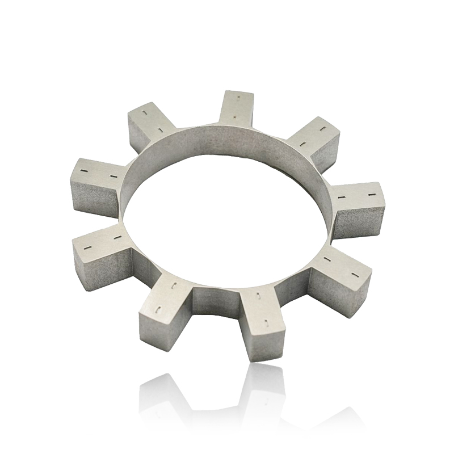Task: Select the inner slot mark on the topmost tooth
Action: click(x=235, y=117)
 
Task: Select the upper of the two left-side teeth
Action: click(x=96, y=182)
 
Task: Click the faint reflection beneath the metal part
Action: click(x=250, y=397)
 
